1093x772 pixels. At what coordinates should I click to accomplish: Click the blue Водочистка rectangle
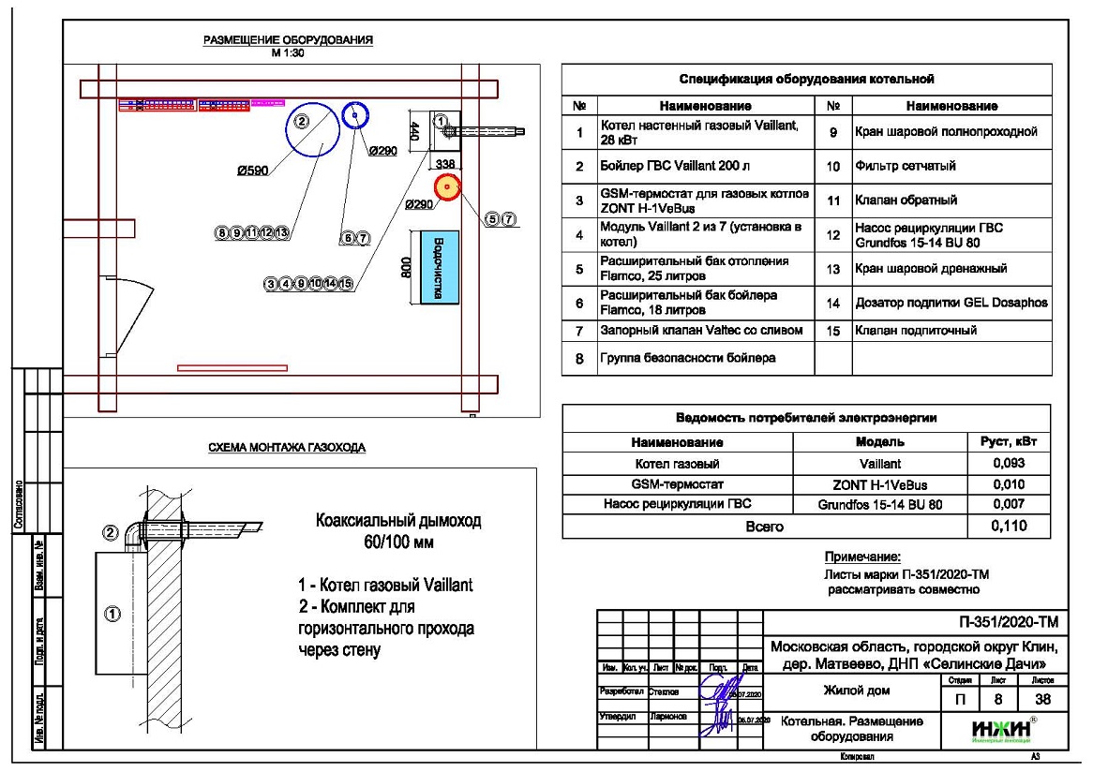click(438, 265)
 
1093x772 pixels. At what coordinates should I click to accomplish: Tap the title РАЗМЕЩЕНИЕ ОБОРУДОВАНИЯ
click(288, 40)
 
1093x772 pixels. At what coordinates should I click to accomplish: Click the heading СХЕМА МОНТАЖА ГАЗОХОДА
click(286, 448)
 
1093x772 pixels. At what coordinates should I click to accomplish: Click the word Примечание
click(861, 556)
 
